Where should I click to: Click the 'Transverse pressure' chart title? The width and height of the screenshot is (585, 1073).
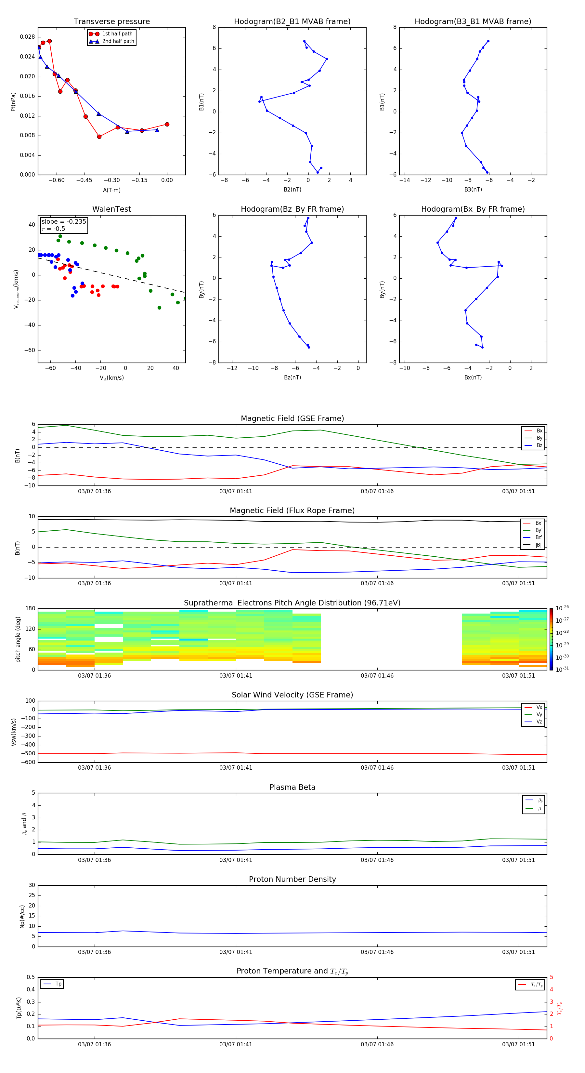(x=111, y=22)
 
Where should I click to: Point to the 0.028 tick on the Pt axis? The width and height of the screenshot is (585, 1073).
(x=28, y=37)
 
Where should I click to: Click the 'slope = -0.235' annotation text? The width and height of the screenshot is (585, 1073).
(x=64, y=222)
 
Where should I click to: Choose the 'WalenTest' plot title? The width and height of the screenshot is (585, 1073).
(x=111, y=209)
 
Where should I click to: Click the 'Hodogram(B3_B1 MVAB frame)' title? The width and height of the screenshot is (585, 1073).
(x=473, y=22)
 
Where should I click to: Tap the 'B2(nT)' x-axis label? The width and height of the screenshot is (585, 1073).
(x=292, y=190)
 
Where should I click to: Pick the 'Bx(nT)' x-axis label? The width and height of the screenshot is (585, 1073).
(x=473, y=378)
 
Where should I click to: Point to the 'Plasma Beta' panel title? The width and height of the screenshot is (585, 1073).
(x=292, y=787)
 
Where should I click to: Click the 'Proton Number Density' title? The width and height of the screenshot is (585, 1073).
(x=292, y=879)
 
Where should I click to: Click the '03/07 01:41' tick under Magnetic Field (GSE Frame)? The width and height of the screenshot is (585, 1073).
(x=236, y=492)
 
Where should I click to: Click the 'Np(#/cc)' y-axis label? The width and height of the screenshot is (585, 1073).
(x=22, y=916)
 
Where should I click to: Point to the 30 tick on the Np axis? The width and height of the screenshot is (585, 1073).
(x=32, y=886)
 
